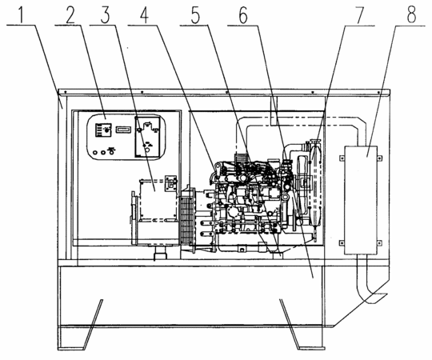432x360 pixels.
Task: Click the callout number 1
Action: tap(22, 14)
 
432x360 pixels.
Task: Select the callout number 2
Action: tap(70, 15)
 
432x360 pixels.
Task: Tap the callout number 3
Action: tap(106, 15)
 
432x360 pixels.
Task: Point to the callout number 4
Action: tap(145, 15)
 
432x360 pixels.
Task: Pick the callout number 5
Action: tap(195, 15)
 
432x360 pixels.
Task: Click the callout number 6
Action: tap(243, 15)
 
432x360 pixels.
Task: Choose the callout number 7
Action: tap(359, 15)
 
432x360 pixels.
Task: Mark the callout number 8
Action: tap(411, 14)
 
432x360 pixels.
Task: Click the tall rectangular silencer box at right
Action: tap(361, 200)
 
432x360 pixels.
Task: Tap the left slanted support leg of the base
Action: tap(93, 323)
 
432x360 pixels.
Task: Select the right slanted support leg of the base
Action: tap(290, 323)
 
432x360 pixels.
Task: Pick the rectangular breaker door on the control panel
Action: tap(147, 137)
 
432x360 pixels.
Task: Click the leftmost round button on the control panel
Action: tap(95, 152)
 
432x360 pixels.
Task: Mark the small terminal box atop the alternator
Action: tap(170, 183)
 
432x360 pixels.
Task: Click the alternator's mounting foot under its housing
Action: tap(160, 253)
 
